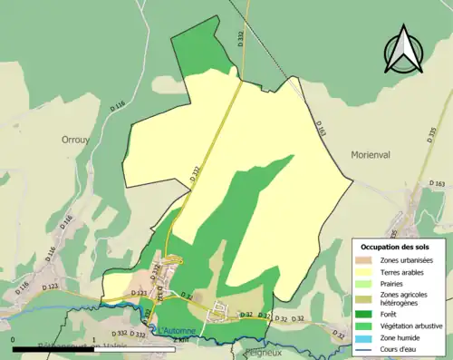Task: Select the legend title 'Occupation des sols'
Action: (394, 247)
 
